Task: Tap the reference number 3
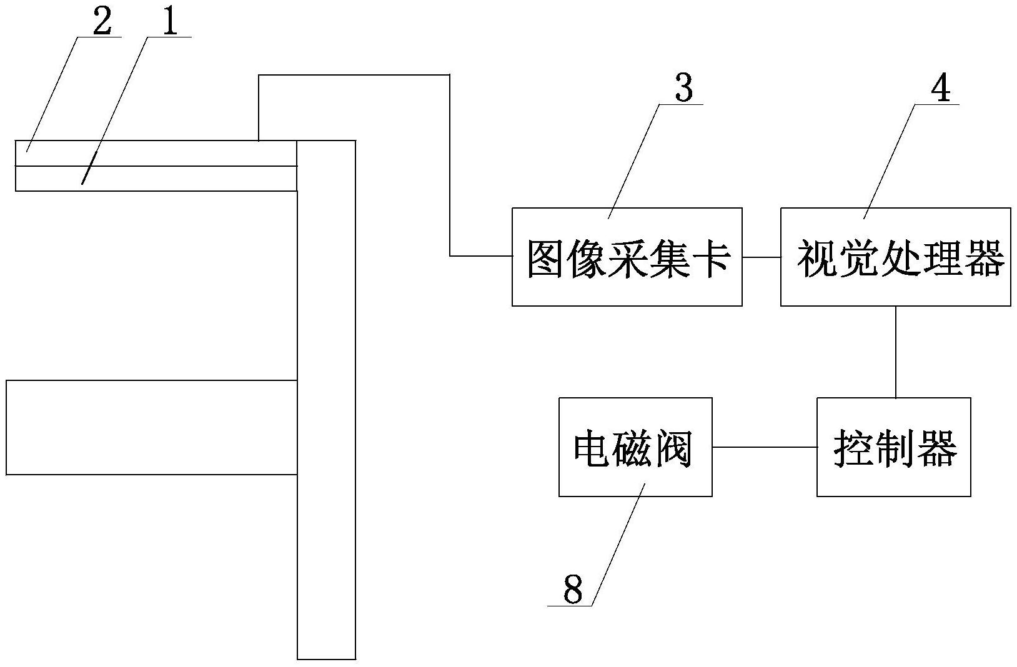684,89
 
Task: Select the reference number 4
940,88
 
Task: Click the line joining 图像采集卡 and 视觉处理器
761,257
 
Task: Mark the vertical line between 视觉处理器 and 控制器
896,352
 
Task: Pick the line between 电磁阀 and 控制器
764,447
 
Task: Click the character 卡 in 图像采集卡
712,258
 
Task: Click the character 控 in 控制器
853,448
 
